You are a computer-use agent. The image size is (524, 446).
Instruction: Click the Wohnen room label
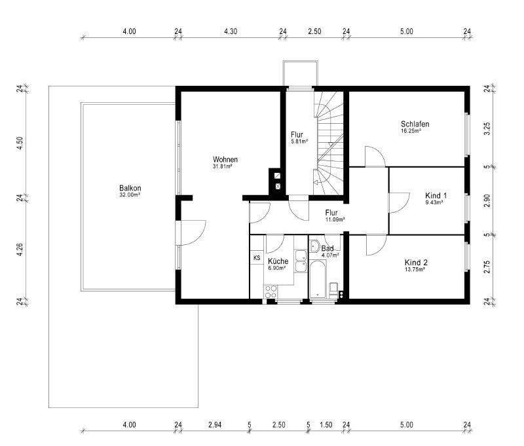click(x=225, y=160)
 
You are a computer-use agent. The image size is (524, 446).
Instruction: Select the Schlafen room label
click(x=415, y=124)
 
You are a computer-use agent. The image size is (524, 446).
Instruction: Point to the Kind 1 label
click(x=436, y=196)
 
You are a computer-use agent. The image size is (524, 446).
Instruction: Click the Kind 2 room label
click(x=416, y=262)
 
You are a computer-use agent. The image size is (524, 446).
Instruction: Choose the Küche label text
click(x=278, y=261)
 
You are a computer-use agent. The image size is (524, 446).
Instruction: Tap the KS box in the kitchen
click(x=256, y=257)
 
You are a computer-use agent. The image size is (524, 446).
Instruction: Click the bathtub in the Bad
click(x=318, y=278)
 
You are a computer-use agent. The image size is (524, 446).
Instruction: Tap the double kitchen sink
click(x=301, y=261)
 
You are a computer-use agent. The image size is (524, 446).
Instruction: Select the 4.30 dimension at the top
click(x=231, y=31)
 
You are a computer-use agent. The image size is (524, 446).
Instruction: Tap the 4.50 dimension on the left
click(x=20, y=143)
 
